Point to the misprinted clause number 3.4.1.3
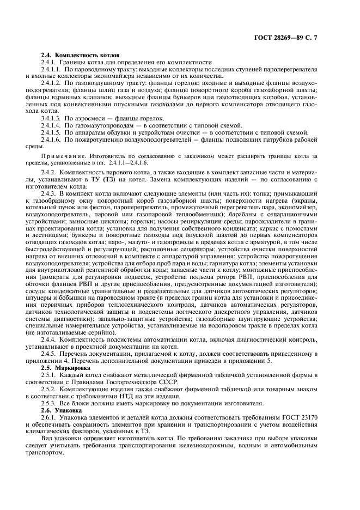(51, 118)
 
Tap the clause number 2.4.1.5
(51, 132)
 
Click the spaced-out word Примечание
(61, 155)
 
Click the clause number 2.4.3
(49, 194)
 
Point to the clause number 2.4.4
(49, 339)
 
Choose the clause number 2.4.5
(49, 353)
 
